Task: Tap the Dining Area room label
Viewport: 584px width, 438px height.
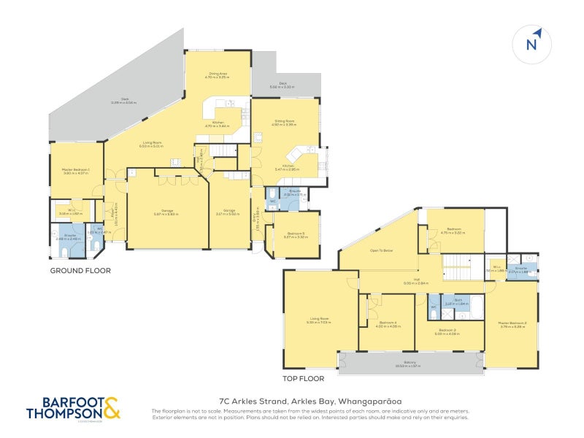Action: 218,74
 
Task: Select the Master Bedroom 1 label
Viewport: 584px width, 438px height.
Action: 75,171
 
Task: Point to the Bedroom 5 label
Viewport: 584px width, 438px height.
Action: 296,235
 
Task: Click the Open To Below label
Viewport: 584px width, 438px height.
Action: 381,250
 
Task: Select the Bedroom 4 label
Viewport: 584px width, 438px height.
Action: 388,323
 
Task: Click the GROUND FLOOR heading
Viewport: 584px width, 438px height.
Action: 80,271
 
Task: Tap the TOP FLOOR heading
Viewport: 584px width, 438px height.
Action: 303,379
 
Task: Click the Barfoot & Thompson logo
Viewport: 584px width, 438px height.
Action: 73,408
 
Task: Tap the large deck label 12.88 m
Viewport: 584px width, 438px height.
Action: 123,103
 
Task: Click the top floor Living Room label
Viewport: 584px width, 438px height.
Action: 320,320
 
